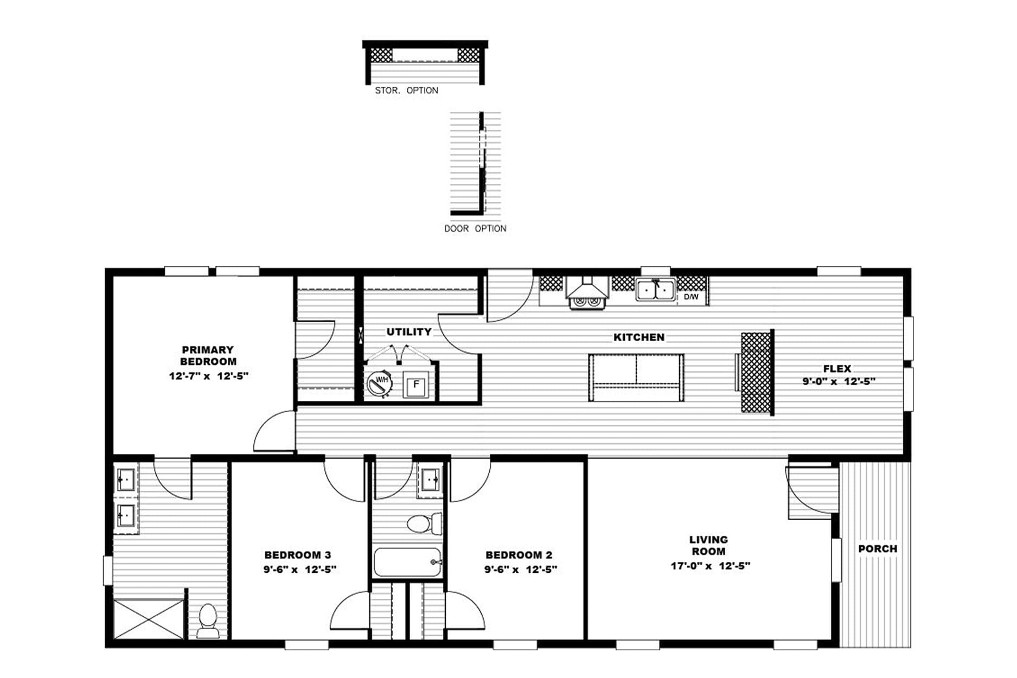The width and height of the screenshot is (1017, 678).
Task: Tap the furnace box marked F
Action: point(416,385)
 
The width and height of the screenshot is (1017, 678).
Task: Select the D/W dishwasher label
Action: point(691,297)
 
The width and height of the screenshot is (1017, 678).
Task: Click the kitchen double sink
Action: point(656,289)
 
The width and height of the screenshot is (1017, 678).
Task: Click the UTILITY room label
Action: point(409,331)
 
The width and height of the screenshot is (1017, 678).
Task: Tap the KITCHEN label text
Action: point(639,337)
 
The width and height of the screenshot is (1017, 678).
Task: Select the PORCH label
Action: point(878,548)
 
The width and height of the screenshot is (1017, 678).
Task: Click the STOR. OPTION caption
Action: point(407,91)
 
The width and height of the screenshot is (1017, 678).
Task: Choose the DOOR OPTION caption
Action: point(475,228)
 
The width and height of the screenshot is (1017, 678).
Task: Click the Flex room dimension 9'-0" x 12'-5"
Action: point(839,381)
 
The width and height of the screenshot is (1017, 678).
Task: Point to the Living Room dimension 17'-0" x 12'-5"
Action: point(710,566)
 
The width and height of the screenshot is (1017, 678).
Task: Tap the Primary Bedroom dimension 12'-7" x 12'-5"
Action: point(209,375)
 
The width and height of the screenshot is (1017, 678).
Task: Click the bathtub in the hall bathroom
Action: point(408,562)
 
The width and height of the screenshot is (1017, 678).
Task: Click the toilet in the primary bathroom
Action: point(208,621)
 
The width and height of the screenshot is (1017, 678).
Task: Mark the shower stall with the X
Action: point(149,619)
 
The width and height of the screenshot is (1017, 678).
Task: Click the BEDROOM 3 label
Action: point(297,555)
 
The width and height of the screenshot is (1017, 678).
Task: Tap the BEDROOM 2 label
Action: point(519,555)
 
